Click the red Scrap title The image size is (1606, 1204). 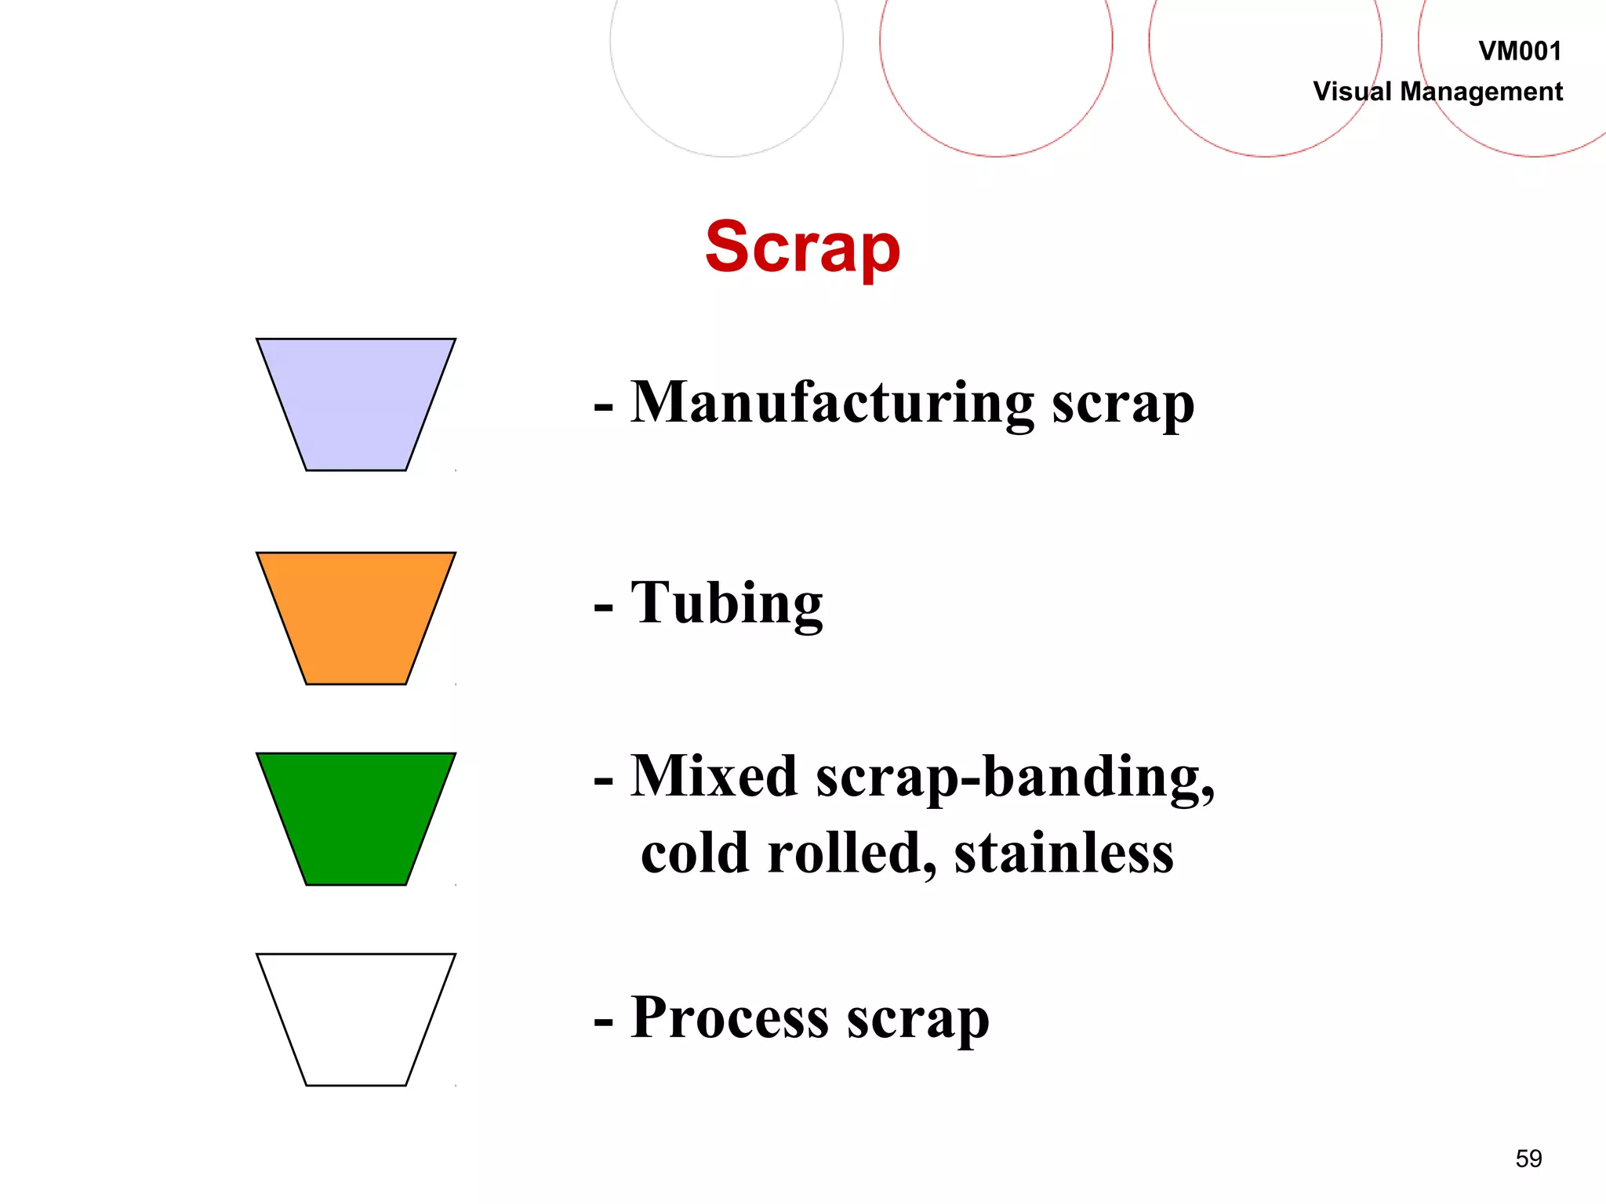point(802,248)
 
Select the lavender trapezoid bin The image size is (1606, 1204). point(356,404)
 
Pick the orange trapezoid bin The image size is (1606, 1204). point(356,618)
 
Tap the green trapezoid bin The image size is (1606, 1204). point(356,818)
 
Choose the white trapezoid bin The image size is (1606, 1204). point(356,1019)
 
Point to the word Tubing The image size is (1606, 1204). point(727,604)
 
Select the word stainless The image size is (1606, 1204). point(1063,853)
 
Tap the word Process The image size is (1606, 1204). point(729,1017)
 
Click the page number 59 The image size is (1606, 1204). point(1528,1159)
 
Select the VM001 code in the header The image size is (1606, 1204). point(1520,52)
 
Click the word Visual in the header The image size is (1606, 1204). point(1353,92)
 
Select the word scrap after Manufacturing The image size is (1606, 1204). point(1122,404)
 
